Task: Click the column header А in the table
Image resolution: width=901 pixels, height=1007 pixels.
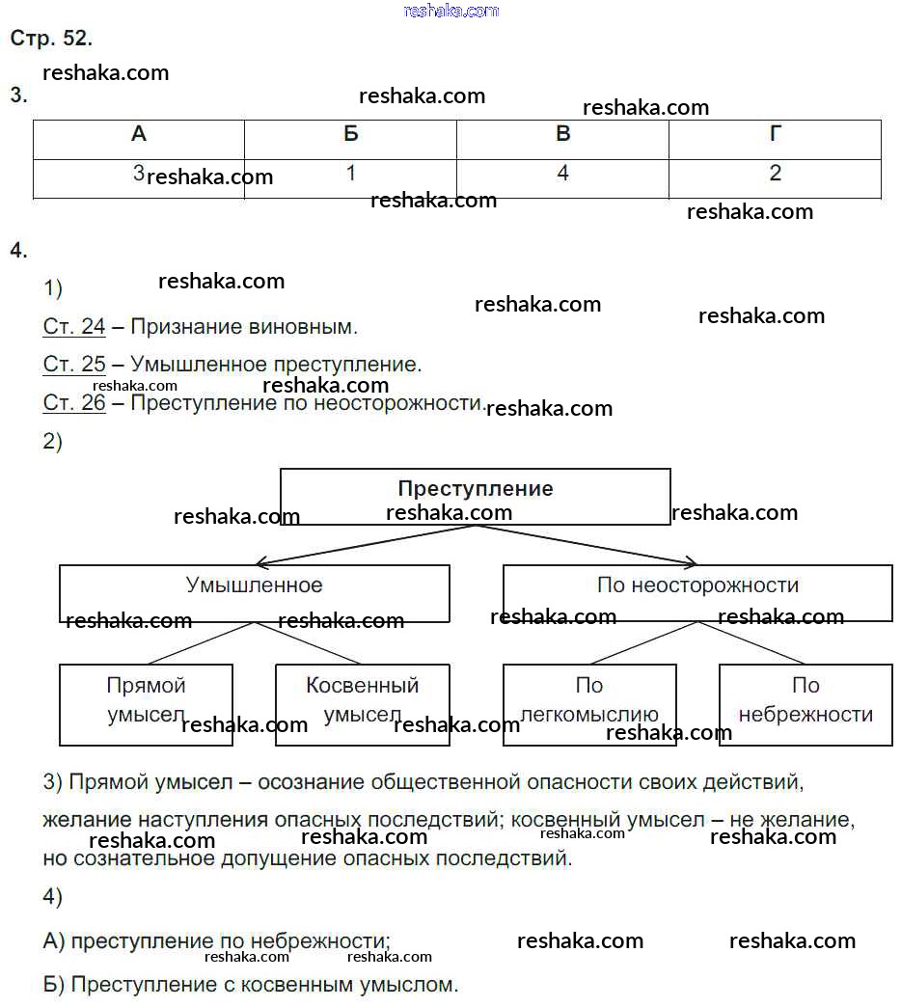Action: (x=139, y=135)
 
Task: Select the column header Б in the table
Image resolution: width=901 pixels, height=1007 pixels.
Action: (x=350, y=135)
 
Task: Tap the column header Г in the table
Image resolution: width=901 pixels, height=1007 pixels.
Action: (x=775, y=135)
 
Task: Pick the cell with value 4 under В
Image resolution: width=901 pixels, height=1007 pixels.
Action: (x=562, y=175)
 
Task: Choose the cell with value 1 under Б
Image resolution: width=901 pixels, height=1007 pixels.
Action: (x=350, y=175)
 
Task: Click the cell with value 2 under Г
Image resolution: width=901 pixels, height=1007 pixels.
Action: (x=775, y=175)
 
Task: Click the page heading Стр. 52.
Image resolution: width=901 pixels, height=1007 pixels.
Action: (x=51, y=39)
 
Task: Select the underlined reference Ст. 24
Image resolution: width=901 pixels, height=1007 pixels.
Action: (x=74, y=327)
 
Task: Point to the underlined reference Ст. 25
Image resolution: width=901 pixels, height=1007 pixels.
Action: (x=74, y=366)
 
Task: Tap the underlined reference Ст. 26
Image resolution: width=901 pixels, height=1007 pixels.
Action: (x=74, y=403)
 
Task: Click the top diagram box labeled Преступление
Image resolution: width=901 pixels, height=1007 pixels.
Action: (x=475, y=496)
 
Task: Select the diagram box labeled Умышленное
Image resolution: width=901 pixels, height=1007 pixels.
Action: (x=254, y=592)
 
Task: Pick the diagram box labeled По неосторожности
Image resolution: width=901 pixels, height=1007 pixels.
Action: (x=697, y=592)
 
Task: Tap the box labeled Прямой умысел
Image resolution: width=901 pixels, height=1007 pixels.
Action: (x=146, y=704)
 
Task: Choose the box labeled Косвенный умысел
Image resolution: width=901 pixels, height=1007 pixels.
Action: (x=362, y=704)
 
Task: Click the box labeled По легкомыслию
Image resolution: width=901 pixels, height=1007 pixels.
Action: (x=589, y=704)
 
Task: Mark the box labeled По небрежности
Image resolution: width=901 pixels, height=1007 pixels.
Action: (x=805, y=704)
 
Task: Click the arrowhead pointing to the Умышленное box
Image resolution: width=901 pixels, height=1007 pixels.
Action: (x=260, y=562)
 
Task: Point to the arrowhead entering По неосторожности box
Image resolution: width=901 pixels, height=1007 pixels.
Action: (x=691, y=562)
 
